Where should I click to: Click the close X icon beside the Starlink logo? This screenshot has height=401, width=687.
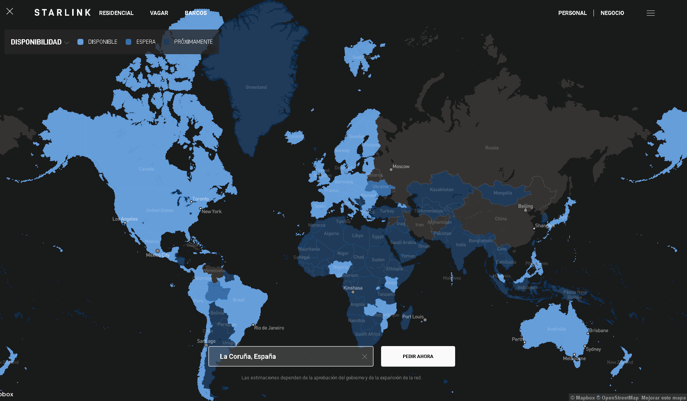[x=10, y=12]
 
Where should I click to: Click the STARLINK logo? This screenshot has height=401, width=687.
[x=62, y=13]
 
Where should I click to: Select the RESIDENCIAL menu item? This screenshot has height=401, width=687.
[x=116, y=13]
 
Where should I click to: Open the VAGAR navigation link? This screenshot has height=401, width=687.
[x=159, y=13]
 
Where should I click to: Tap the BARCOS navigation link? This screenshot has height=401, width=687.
[x=196, y=13]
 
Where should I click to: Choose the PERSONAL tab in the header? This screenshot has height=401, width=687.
[x=572, y=13]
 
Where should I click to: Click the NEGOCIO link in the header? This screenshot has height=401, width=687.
[x=612, y=13]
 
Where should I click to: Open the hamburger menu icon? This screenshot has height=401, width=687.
[x=650, y=13]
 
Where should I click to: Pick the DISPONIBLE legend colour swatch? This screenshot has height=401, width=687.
[x=80, y=42]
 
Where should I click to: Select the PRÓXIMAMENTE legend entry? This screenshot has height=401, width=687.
[x=193, y=42]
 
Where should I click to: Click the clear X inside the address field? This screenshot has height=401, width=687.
[x=365, y=357]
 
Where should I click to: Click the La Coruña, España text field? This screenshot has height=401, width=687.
[x=284, y=357]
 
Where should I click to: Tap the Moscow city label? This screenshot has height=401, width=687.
[x=401, y=167]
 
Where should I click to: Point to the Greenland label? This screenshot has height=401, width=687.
[x=256, y=87]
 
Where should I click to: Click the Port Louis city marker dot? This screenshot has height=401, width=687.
[x=425, y=320]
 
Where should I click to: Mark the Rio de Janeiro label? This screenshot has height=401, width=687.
[x=269, y=328]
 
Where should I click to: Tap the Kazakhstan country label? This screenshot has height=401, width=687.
[x=442, y=190]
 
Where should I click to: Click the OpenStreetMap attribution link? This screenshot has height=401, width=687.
[x=620, y=398]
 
